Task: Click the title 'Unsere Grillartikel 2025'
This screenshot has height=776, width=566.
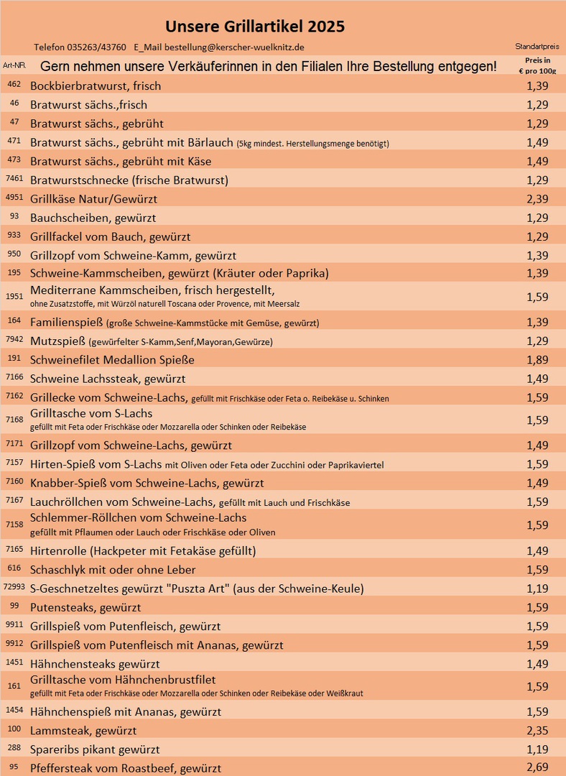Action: click(x=255, y=27)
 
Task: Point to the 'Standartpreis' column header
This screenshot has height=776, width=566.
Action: click(x=537, y=47)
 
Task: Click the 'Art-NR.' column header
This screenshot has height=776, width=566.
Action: click(x=14, y=65)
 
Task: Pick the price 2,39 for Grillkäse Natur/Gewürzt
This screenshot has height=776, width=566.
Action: click(x=537, y=198)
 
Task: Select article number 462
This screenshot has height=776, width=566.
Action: click(x=14, y=85)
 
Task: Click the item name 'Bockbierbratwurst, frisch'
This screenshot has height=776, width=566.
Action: click(x=96, y=86)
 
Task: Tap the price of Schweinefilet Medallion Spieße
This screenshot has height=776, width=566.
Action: click(x=537, y=359)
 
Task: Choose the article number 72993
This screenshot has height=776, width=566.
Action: click(x=14, y=588)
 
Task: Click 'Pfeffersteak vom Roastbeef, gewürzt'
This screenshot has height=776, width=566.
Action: click(x=126, y=768)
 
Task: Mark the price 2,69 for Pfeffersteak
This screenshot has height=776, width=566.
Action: click(x=537, y=768)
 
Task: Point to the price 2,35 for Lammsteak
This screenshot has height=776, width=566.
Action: click(x=537, y=731)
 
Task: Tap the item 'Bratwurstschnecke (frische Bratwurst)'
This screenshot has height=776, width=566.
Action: click(x=129, y=180)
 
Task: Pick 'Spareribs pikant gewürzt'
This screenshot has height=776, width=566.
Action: click(x=95, y=749)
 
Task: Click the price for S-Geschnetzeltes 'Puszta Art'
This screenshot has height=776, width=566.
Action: click(x=537, y=588)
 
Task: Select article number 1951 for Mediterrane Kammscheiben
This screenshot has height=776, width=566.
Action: click(x=14, y=296)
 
